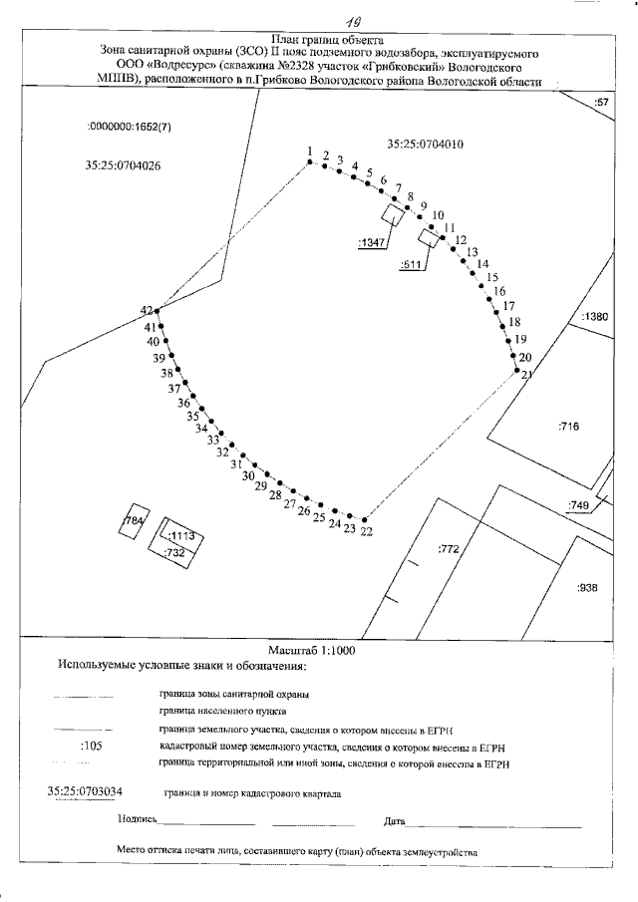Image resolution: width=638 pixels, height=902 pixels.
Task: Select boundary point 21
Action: [x=517, y=371]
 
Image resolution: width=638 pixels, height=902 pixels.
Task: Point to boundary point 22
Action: [x=366, y=520]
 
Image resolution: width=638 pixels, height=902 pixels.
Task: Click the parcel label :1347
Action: [x=371, y=241]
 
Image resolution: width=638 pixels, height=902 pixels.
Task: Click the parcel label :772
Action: [x=448, y=548]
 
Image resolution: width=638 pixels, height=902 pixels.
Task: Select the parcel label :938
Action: [x=586, y=587]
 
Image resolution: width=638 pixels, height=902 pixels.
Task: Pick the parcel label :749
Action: [x=578, y=505]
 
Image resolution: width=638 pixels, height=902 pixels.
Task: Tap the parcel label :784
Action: [x=132, y=522]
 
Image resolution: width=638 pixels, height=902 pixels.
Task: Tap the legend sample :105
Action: [x=91, y=745]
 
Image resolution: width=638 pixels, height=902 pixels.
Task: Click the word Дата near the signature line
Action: [x=394, y=822]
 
